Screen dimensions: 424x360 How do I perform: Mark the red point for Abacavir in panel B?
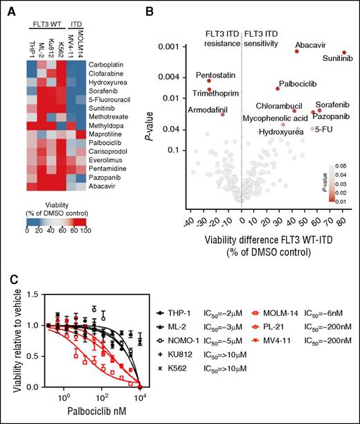pyautogui.click(x=296, y=51)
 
